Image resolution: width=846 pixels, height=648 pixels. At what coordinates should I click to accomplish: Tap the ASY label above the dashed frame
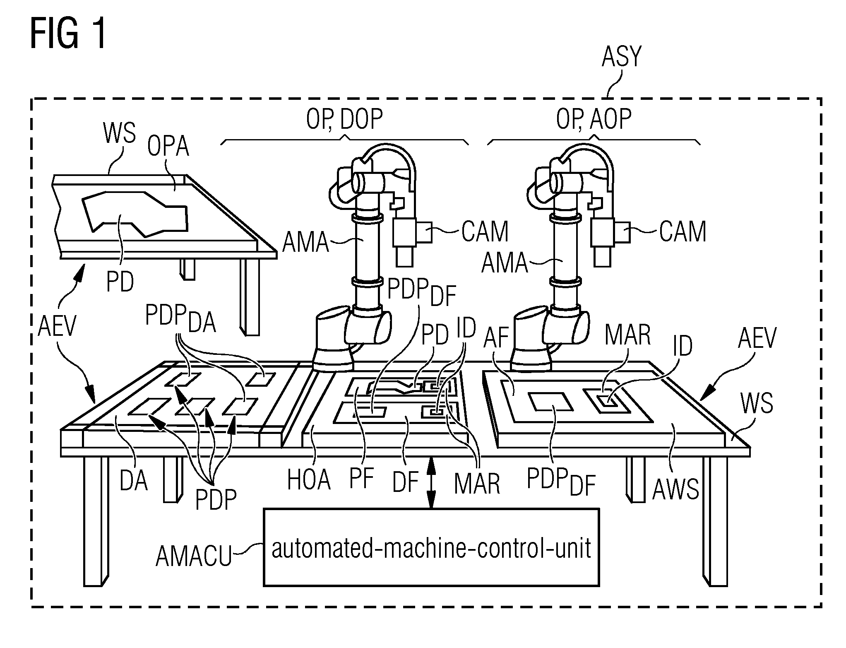(x=621, y=57)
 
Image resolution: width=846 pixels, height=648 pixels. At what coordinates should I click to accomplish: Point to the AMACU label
(x=193, y=556)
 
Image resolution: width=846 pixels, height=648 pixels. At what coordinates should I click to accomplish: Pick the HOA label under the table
(x=309, y=480)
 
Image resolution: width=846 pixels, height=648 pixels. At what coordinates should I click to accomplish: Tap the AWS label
(x=675, y=489)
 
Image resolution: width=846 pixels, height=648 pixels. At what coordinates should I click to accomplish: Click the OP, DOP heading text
(x=344, y=119)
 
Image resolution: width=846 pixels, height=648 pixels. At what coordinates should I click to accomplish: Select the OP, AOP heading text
(x=594, y=119)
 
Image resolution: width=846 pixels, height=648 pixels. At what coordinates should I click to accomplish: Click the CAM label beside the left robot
(x=485, y=231)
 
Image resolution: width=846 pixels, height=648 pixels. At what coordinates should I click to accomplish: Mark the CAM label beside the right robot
(x=683, y=231)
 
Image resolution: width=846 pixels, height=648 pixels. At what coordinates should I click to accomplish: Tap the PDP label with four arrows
(x=216, y=500)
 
